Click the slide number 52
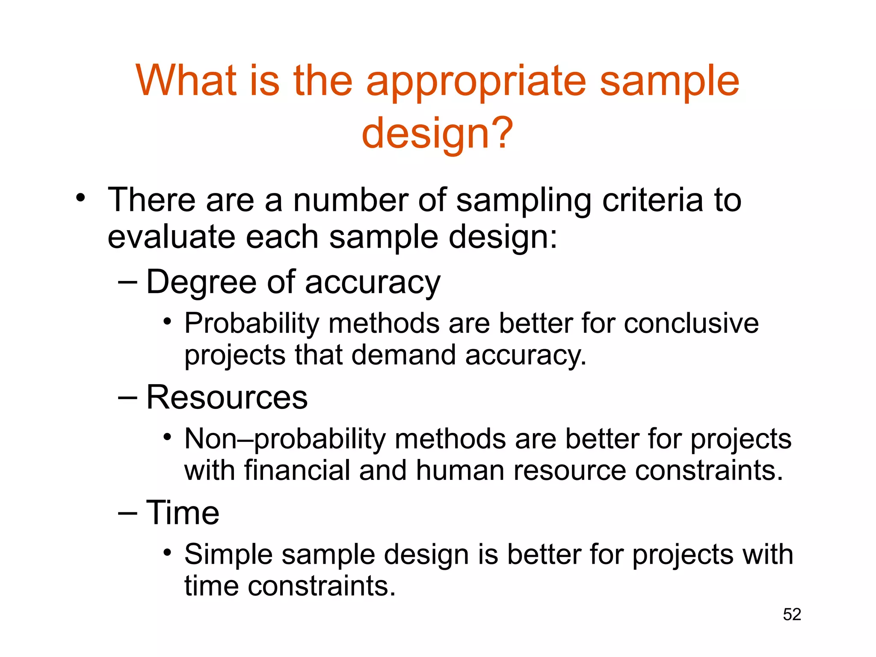point(792,614)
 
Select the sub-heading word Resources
point(227,397)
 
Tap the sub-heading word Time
point(183,512)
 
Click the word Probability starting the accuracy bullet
point(252,324)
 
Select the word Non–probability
point(284,439)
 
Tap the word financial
point(296,470)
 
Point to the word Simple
point(228,555)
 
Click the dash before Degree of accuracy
point(127,282)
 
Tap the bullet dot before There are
point(80,198)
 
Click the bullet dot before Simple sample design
point(167,553)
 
